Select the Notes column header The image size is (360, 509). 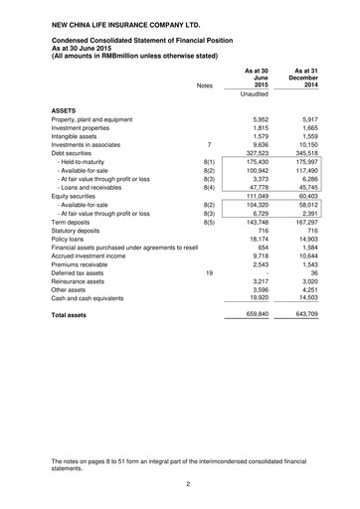point(205,86)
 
